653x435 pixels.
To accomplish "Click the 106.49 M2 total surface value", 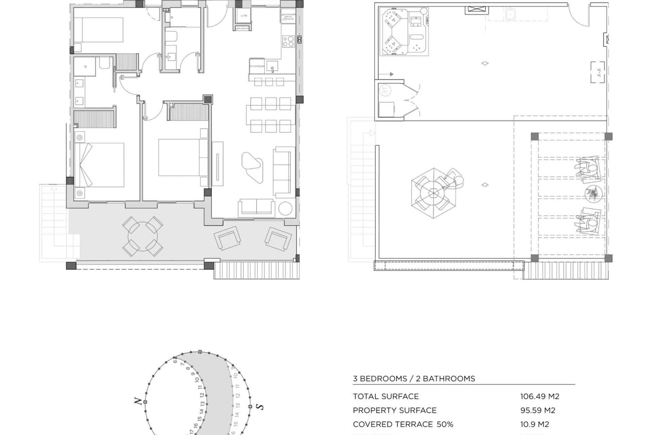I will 539,396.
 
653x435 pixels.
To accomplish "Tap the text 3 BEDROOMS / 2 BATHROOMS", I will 414,379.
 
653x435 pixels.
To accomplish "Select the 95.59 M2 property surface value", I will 537,410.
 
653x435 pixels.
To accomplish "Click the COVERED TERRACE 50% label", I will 403,424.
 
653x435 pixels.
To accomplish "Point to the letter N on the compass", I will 138,401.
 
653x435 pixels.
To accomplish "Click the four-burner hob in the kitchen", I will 288,41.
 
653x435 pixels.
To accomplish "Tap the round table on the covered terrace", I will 142,236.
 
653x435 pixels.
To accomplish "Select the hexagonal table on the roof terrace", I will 433,193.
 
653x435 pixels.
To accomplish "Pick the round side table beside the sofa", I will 285,209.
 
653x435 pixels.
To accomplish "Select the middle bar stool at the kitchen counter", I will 269,82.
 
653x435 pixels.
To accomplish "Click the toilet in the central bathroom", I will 172,37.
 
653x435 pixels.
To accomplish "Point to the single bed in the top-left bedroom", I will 98,30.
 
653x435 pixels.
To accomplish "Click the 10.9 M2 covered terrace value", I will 534,424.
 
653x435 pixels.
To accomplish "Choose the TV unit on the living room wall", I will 217,164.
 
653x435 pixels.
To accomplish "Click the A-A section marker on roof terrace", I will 598,72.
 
